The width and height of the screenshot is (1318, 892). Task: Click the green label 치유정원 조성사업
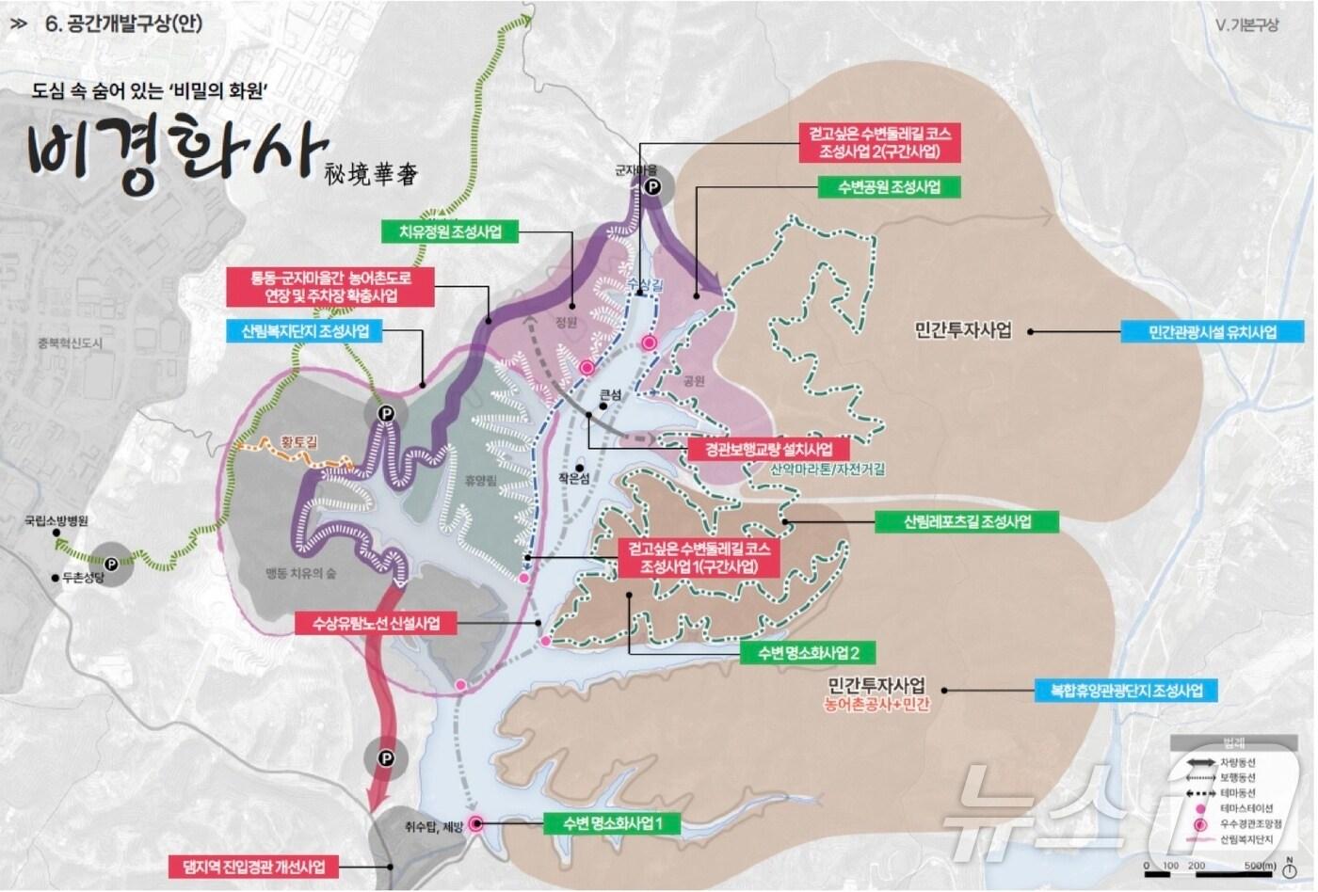450,231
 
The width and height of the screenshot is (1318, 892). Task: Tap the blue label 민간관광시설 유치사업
1212,332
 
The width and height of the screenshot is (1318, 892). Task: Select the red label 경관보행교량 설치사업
767,449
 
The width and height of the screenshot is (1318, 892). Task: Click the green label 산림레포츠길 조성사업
967,521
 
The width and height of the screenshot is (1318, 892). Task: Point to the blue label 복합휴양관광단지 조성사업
1125,690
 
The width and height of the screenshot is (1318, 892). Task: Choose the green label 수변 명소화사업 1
614,823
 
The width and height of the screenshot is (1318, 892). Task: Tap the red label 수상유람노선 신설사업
375,623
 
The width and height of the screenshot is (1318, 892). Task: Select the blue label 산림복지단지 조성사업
305,331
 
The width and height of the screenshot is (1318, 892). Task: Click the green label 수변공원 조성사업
890,186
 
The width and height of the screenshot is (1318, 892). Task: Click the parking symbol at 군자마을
651,187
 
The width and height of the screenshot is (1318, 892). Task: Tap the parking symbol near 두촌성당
111,564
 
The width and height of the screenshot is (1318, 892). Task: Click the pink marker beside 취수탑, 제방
475,824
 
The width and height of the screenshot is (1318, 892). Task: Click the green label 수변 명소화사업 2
808,652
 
